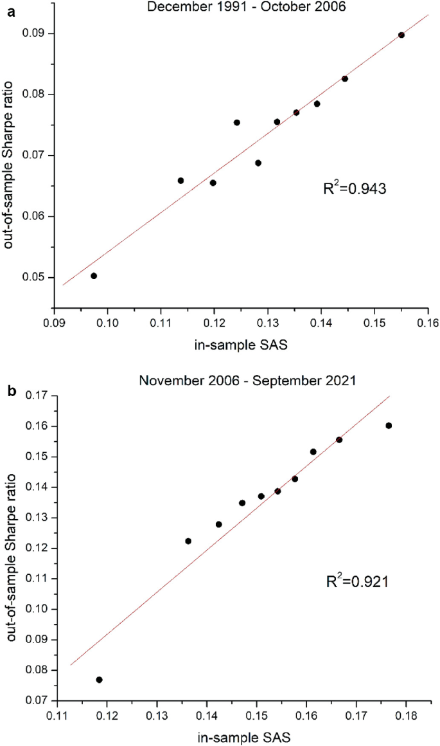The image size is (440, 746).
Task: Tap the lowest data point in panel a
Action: [x=94, y=276]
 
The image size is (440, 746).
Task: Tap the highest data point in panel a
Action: [x=401, y=35]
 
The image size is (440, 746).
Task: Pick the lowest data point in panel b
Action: [x=99, y=680]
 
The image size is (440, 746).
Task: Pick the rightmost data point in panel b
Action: [x=389, y=426]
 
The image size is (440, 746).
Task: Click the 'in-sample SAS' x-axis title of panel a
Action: [x=240, y=346]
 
